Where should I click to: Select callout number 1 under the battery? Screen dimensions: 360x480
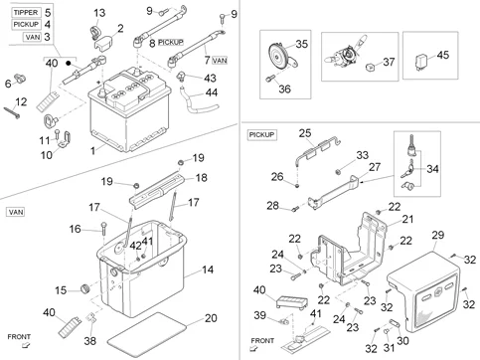point(92,150)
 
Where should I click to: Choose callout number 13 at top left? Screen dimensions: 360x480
point(98,12)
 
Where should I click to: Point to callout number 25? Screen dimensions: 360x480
point(306,132)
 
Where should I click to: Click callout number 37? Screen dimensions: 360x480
point(389,62)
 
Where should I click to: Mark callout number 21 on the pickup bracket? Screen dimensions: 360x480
point(407,219)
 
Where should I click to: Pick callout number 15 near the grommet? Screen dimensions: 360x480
point(61,289)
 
